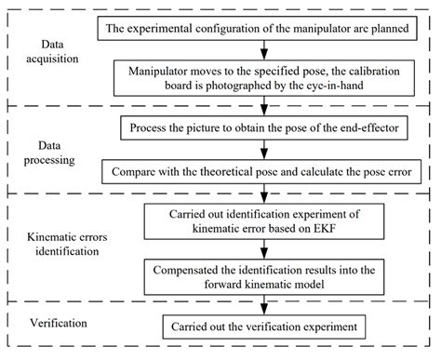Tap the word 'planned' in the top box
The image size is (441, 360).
388,27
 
